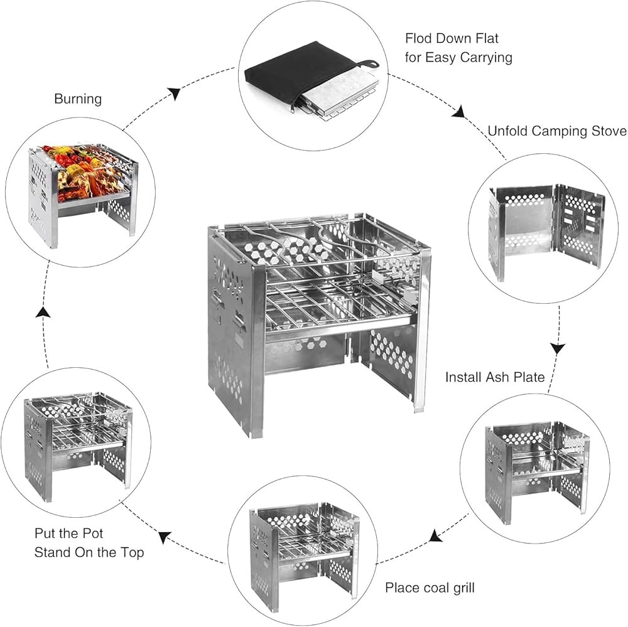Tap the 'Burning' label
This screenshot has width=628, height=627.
pyautogui.click(x=78, y=99)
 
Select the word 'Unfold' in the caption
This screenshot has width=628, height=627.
pyautogui.click(x=508, y=131)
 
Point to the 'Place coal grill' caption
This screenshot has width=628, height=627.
pyautogui.click(x=430, y=588)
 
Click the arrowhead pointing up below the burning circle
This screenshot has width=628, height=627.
pyautogui.click(x=43, y=312)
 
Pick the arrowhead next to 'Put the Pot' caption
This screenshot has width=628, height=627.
pyautogui.click(x=165, y=538)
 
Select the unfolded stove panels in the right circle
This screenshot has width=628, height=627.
pyautogui.click(x=546, y=232)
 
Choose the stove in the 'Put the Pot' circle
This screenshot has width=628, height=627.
pyautogui.click(x=77, y=442)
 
